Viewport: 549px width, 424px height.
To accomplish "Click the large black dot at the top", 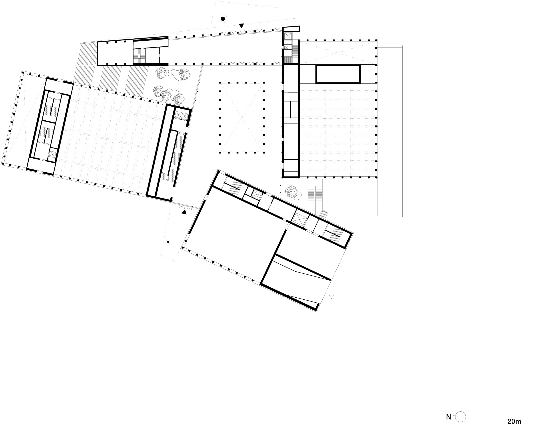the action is (x=223, y=19).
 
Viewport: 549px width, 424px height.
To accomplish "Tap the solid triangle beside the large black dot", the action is (x=241, y=26).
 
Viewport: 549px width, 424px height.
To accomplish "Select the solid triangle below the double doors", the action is (x=184, y=212).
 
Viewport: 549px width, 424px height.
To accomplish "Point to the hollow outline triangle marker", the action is (x=331, y=296).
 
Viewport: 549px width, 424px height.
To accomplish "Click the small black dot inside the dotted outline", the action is (x=168, y=242).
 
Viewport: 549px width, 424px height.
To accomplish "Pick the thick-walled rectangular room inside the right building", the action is (x=338, y=74).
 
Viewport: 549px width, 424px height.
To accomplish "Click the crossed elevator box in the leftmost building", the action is (x=52, y=154).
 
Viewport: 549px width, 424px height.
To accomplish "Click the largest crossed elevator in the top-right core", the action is (x=287, y=36).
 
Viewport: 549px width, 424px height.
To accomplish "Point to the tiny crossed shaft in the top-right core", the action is (x=286, y=47).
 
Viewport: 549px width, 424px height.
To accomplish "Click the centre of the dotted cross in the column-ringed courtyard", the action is (x=242, y=117).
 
